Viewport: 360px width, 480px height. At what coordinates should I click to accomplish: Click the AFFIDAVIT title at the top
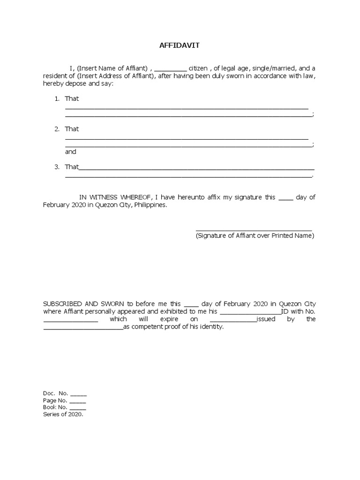coord(180,45)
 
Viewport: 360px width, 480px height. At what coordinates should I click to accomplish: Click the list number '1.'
coord(57,98)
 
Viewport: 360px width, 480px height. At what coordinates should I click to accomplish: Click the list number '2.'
coord(57,129)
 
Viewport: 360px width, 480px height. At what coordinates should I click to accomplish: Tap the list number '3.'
coord(57,167)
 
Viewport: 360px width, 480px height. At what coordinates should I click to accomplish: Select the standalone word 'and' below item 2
coord(70,152)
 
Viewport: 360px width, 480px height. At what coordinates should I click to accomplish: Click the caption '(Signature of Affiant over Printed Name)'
coord(255,236)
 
